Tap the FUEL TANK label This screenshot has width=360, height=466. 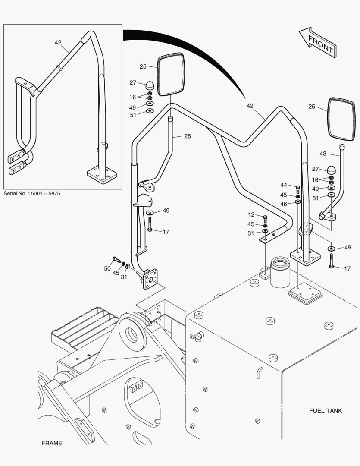(x=326, y=410)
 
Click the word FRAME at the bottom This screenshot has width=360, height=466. (x=52, y=443)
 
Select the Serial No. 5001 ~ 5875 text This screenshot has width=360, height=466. (x=32, y=194)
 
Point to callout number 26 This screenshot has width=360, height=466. (x=187, y=136)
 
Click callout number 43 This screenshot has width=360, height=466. (x=323, y=154)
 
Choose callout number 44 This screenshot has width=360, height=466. (x=284, y=185)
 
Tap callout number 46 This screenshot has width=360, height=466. (x=284, y=204)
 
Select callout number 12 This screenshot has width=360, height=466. (x=251, y=215)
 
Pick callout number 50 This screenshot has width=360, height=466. (x=107, y=269)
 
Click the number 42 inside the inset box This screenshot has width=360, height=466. (x=58, y=42)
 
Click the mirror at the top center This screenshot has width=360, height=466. (x=171, y=75)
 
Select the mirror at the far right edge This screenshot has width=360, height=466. (x=341, y=119)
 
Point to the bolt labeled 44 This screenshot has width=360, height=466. (x=297, y=188)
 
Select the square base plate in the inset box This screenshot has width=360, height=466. (x=102, y=175)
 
